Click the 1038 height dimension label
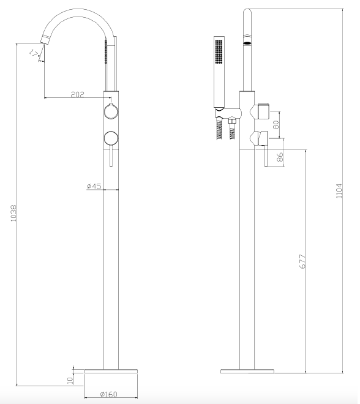click(13, 213)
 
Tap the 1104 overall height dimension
click(339, 191)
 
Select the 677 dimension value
click(303, 261)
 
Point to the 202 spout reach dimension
click(78, 94)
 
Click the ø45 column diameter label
click(94, 186)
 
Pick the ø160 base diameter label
click(108, 394)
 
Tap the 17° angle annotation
click(34, 54)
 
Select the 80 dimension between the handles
click(276, 125)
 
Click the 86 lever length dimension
click(280, 157)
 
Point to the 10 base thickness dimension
click(70, 381)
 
